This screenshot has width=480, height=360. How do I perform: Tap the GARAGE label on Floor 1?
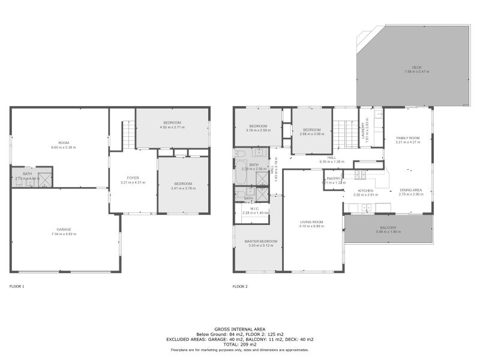pyautogui.click(x=65, y=229)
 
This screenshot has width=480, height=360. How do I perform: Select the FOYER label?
pyautogui.click(x=133, y=178)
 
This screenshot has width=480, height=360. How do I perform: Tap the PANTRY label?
pyautogui.click(x=334, y=178)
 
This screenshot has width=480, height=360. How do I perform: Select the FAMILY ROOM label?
pyautogui.click(x=407, y=138)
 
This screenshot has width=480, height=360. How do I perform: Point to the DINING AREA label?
pyautogui.click(x=411, y=190)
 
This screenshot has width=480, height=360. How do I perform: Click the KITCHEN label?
pyautogui.click(x=365, y=190)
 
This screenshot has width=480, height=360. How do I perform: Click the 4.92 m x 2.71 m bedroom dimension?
pyautogui.click(x=172, y=127)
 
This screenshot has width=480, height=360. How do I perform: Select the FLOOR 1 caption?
pyautogui.click(x=17, y=287)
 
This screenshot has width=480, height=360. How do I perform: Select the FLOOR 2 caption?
pyautogui.click(x=240, y=287)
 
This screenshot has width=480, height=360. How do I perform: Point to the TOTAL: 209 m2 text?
pyautogui.click(x=239, y=344)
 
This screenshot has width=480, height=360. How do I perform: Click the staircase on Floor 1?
pyautogui.click(x=128, y=135)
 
